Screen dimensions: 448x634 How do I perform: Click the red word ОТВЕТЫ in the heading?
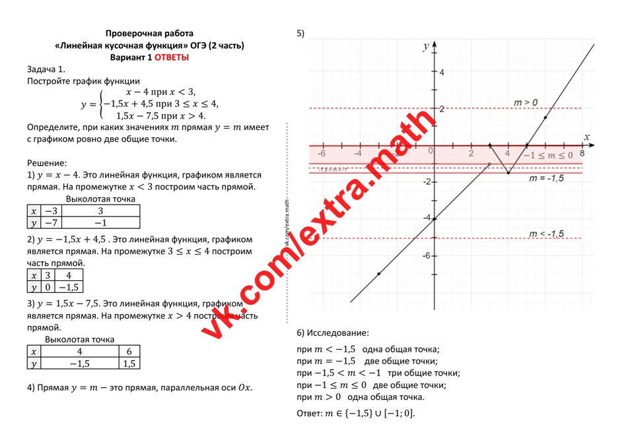172,57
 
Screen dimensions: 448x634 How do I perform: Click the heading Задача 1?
46,69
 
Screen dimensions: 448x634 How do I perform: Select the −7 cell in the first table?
50,223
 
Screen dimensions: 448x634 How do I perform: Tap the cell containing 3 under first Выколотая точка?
100,211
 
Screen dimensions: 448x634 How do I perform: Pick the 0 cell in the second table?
48,287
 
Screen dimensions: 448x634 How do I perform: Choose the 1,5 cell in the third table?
129,363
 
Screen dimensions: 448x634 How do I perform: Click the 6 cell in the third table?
129,352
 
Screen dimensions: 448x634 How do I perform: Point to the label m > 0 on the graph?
526,102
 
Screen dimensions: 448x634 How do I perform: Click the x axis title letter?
586,137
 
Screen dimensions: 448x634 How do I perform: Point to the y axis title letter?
426,46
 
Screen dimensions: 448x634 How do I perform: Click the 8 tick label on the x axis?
582,152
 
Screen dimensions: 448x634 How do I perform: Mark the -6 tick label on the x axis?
321,152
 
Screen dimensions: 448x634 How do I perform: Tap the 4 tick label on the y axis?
442,72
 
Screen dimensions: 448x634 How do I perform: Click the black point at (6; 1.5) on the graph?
545,117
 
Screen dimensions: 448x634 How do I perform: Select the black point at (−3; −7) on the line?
378,273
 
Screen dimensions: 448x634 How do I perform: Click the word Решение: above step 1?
47,162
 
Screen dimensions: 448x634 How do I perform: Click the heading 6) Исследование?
333,333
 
